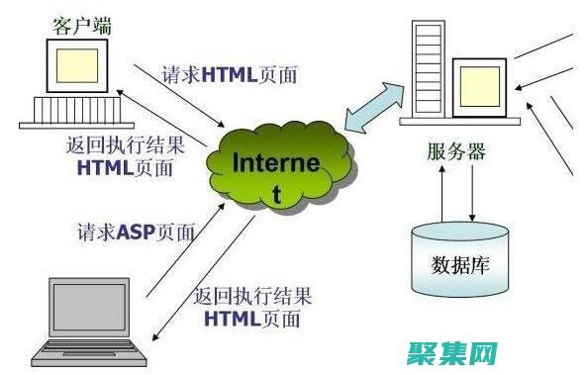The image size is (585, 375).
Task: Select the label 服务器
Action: pos(456,152)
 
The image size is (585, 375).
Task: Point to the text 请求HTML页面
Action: pos(230,75)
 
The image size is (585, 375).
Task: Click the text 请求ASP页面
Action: pos(137,234)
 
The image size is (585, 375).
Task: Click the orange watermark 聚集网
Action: pos(456,353)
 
